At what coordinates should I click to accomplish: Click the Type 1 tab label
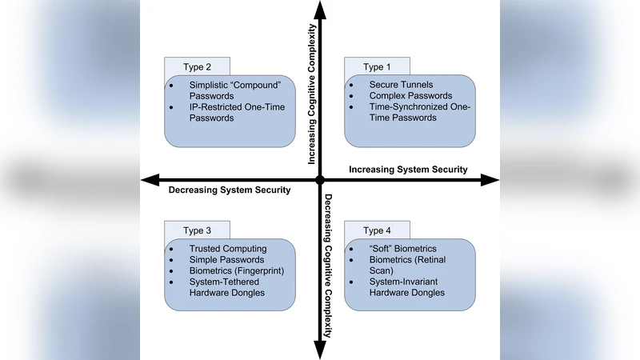coord(374,67)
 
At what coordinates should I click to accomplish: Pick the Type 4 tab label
coord(374,231)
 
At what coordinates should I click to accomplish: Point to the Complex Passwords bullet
coord(410,95)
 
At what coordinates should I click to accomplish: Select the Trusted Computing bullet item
coord(227,249)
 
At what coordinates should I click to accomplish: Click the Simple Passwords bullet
coord(226,260)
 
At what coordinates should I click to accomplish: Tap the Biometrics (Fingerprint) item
coord(236,271)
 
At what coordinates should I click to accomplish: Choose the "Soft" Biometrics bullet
coord(402,249)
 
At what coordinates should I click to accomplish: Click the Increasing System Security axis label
coord(408,170)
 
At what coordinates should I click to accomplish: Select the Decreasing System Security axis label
coord(229,190)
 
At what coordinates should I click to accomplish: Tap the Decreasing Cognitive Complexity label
coord(328,264)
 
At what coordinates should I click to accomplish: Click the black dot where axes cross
coord(320,180)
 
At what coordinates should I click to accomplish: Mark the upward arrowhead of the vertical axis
coord(320,10)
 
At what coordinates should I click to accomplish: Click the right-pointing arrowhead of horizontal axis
coord(491,180)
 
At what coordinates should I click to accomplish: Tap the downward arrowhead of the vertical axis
coord(320,350)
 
